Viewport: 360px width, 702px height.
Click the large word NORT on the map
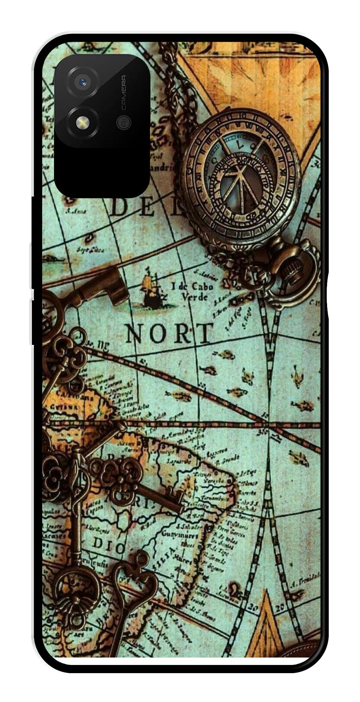tap(169, 333)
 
